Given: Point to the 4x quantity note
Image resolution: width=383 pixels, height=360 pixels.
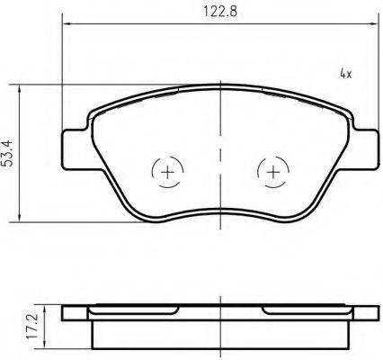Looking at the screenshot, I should (x=344, y=73).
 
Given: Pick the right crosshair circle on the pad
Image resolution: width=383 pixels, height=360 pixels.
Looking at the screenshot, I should (x=272, y=170).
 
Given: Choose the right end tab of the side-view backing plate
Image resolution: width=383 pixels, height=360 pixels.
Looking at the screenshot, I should (x=365, y=314).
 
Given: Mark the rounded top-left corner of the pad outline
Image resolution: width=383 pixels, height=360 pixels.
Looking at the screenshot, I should (x=96, y=109).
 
